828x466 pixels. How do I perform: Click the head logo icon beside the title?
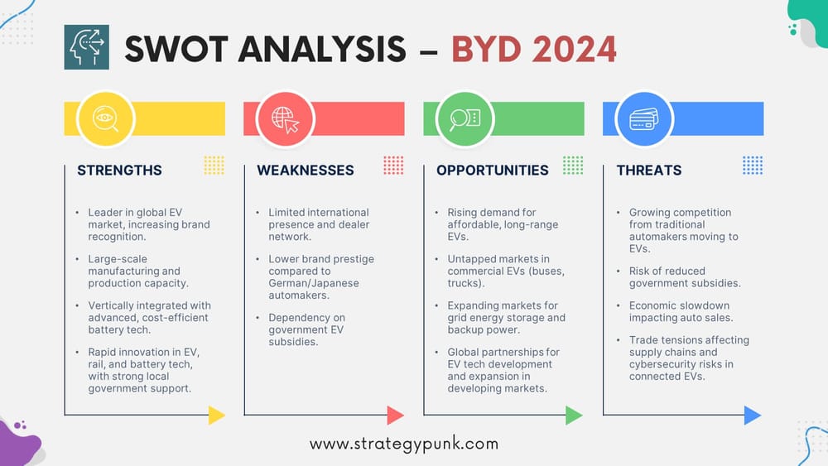pyautogui.click(x=86, y=46)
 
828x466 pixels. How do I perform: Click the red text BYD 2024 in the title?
pyautogui.click(x=534, y=49)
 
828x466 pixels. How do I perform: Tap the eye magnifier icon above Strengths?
pyautogui.click(x=105, y=118)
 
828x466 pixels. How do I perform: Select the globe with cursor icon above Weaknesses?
pyautogui.click(x=285, y=118)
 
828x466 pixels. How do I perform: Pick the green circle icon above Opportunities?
pyautogui.click(x=465, y=118)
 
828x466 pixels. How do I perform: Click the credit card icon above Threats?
pyautogui.click(x=644, y=118)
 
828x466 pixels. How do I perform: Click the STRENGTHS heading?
pyautogui.click(x=119, y=171)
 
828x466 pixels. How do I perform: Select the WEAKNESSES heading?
pyautogui.click(x=306, y=171)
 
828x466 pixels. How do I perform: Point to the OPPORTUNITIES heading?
pyautogui.click(x=493, y=171)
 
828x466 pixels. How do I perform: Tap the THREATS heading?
pyautogui.click(x=649, y=171)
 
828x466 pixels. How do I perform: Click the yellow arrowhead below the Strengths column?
pyautogui.click(x=216, y=415)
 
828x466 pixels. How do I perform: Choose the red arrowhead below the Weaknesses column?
pyautogui.click(x=396, y=415)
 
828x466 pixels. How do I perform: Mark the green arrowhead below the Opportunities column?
pyautogui.click(x=575, y=415)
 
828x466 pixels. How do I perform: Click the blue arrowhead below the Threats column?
pyautogui.click(x=753, y=415)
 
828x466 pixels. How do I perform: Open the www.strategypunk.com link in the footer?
pyautogui.click(x=404, y=444)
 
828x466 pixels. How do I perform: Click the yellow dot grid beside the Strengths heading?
pyautogui.click(x=214, y=165)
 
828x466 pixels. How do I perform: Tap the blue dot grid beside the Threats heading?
pyautogui.click(x=752, y=165)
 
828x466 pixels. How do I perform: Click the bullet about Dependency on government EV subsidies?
pyautogui.click(x=306, y=329)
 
